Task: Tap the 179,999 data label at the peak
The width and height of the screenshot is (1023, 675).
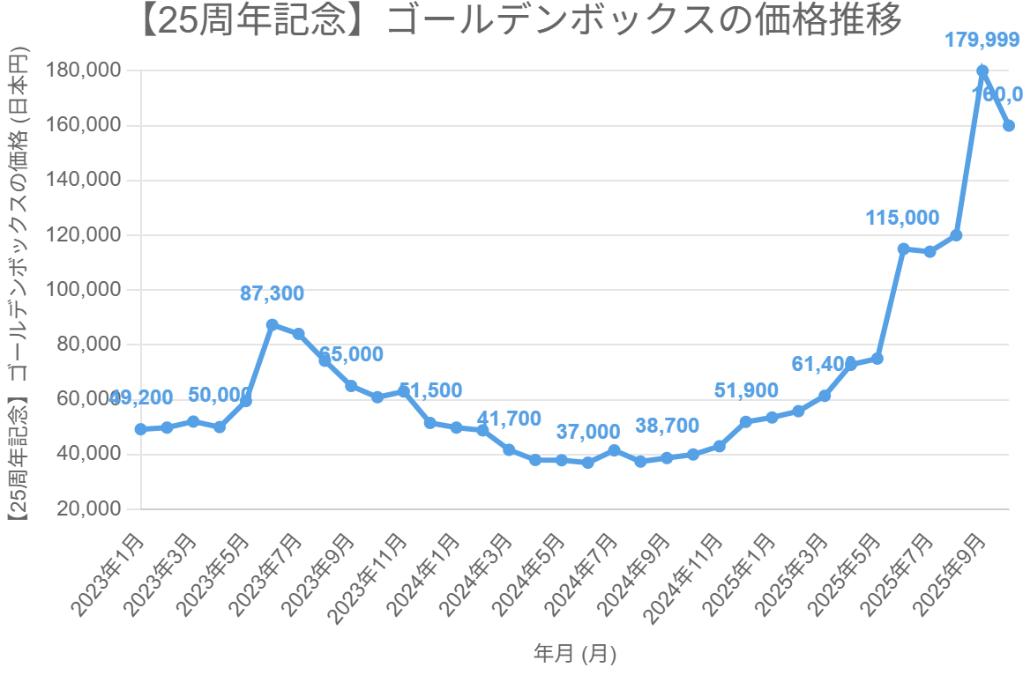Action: pos(982,40)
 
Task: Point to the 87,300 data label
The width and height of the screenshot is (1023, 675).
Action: pos(272,294)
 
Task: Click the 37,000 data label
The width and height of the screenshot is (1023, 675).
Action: pos(588,432)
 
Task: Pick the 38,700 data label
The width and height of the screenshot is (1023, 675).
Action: pos(667,427)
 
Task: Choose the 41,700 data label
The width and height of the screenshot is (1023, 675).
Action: pos(509,419)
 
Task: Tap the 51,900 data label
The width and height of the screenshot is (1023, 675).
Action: pos(746,391)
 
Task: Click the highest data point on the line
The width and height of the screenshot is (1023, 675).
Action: pos(982,70)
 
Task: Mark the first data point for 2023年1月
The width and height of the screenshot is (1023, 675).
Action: pos(140,429)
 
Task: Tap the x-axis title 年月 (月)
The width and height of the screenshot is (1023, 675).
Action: pos(574,654)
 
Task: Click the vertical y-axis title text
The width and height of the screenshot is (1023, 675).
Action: pos(18,290)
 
